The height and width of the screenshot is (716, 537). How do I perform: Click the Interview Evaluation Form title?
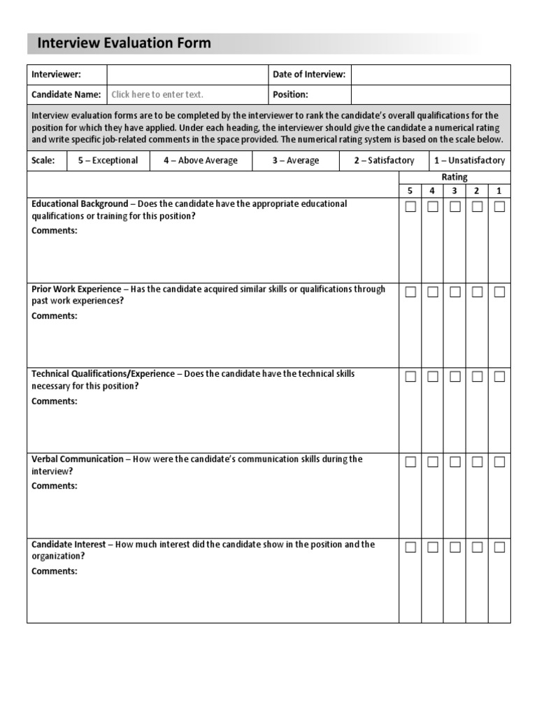[x=124, y=43]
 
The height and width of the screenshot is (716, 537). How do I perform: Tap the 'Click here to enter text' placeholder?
[x=157, y=94]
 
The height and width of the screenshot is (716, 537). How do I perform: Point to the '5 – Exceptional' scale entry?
[x=108, y=160]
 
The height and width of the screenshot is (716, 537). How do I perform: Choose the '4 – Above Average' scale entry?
[x=201, y=160]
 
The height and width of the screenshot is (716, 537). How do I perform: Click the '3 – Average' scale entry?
[x=296, y=160]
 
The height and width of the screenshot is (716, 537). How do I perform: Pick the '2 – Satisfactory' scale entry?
[x=384, y=160]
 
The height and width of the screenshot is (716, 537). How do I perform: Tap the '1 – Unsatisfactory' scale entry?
[x=469, y=160]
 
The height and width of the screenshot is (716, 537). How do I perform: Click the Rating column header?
[x=454, y=177]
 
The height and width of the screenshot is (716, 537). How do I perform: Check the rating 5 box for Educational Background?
[x=410, y=207]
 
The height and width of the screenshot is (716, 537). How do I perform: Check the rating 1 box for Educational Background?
[x=499, y=207]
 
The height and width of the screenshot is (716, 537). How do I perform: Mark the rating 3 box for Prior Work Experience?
[x=455, y=292]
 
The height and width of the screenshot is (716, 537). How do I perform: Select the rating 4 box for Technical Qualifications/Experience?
[x=433, y=377]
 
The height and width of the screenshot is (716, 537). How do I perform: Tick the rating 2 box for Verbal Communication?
[x=477, y=462]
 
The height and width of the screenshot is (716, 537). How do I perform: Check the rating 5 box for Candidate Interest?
[x=410, y=547]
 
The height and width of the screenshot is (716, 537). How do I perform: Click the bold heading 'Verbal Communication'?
[x=77, y=459]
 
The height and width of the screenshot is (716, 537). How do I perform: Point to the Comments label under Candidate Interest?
[x=55, y=571]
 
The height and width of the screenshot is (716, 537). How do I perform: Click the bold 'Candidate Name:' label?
[x=66, y=94]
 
